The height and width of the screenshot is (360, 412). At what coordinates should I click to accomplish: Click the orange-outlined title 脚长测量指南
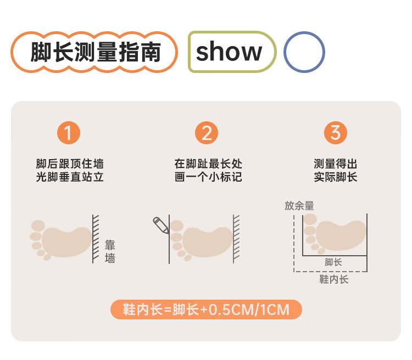(94, 53)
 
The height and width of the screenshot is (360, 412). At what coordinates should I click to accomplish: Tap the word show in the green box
(229, 53)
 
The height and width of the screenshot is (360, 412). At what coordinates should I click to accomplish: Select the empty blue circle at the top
(304, 53)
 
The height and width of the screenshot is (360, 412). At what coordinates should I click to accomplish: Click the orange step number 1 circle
(68, 133)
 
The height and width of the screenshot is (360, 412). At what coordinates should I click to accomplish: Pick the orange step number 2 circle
(207, 133)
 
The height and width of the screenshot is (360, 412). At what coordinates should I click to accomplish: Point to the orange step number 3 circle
(336, 133)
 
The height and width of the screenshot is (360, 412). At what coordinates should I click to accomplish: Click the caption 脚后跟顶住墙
(70, 164)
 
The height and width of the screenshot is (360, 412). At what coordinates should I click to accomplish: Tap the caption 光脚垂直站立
(70, 177)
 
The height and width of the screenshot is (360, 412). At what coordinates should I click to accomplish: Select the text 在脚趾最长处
(208, 164)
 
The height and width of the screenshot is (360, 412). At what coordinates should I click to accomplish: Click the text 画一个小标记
(208, 177)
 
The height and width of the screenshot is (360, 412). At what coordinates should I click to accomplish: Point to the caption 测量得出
(336, 164)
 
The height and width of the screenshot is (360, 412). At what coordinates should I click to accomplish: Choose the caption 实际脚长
(336, 177)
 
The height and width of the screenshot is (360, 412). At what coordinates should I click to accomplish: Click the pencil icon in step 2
(160, 225)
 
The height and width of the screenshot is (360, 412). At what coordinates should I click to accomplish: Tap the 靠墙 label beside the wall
(110, 251)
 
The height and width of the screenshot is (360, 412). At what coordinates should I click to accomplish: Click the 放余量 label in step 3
(299, 205)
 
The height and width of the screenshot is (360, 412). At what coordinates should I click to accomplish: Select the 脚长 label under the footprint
(333, 262)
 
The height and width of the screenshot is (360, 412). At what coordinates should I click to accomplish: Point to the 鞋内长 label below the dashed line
(334, 279)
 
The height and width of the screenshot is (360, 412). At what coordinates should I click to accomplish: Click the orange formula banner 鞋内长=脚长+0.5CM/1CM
(206, 310)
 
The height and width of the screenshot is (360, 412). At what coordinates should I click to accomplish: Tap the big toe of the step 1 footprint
(38, 226)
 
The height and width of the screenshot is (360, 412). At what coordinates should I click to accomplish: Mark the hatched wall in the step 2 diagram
(236, 238)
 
